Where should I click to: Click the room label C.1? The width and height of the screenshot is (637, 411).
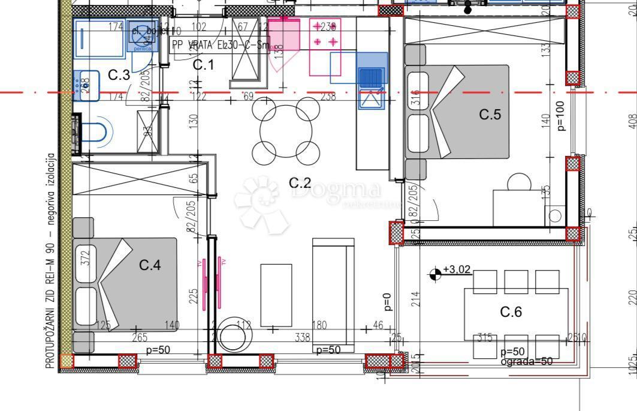coord(203,65)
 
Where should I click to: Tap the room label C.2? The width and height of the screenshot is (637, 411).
coord(300,182)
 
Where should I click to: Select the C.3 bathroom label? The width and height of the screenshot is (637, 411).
coord(119,75)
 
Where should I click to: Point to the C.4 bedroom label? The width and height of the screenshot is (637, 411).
coord(150,265)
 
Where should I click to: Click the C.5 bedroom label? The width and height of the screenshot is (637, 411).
coord(490,114)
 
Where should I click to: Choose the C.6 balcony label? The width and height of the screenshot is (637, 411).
coord(511,311)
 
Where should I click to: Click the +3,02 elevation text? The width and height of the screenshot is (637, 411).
coord(457,270)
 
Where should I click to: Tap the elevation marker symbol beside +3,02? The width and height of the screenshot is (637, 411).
coord(435,274)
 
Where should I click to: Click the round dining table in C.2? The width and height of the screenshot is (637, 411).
coord(286,130)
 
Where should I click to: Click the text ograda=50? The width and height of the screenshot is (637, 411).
coord(527,362)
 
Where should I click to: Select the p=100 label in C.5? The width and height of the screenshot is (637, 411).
coord(561,115)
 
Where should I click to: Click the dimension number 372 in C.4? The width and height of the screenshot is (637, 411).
coord(85,259)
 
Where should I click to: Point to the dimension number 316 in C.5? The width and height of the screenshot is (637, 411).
coord(417,98)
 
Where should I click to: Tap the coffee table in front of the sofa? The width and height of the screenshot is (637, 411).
coord(276,295)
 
